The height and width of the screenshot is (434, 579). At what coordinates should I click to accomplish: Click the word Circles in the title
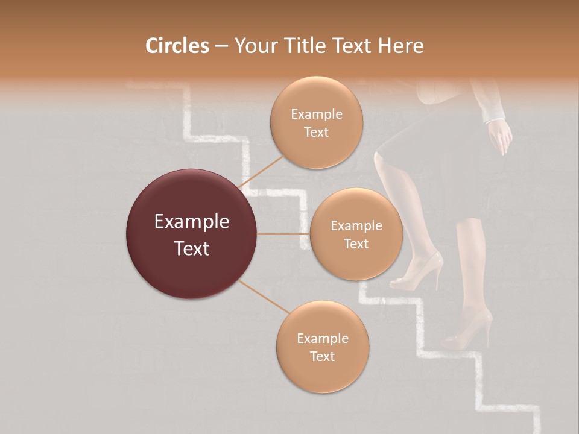[177, 46]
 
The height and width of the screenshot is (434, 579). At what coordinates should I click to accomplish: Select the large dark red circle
[191, 234]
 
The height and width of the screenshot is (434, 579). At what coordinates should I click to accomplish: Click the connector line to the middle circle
[283, 234]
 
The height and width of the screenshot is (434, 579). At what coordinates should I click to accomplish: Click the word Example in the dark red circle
[191, 222]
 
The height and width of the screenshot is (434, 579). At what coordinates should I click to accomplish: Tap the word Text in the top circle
[316, 132]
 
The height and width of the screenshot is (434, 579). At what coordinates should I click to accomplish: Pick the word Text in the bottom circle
[322, 356]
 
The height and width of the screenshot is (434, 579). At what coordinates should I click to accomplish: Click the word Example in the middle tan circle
[356, 226]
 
